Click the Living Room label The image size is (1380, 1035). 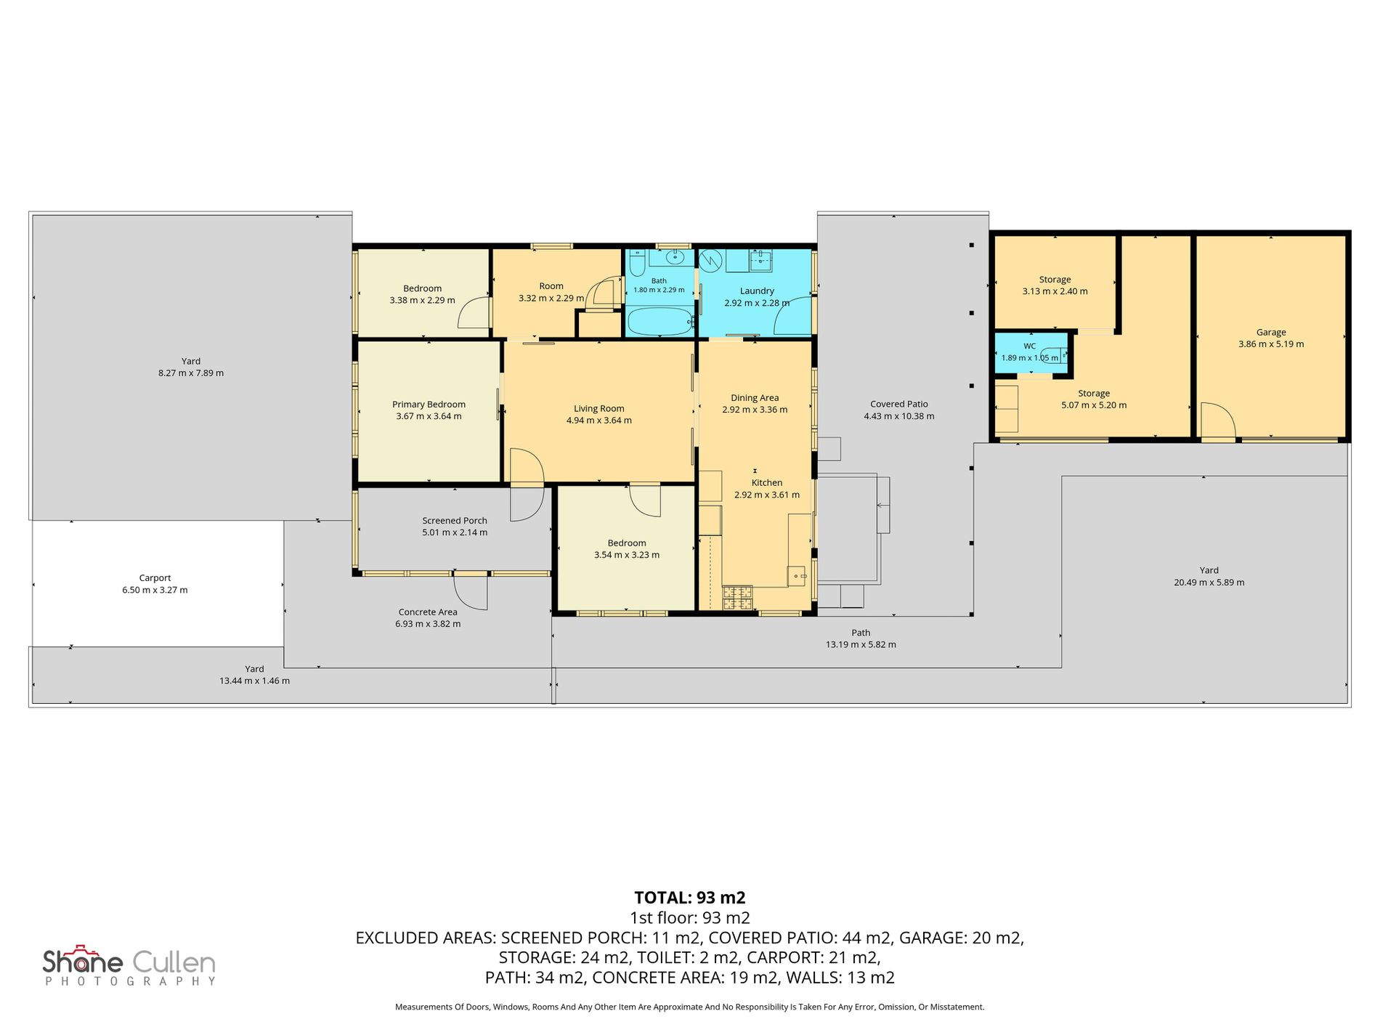[x=598, y=409]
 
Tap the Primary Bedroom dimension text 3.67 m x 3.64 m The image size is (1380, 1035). [x=429, y=416]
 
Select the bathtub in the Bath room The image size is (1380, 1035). [x=659, y=321]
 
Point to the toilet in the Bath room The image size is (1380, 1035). [x=637, y=263]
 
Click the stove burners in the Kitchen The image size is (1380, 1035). [x=737, y=598]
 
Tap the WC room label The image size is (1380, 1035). [x=1030, y=346]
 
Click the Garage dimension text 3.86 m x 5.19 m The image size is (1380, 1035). [x=1271, y=344]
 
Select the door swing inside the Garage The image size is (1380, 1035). [x=1217, y=422]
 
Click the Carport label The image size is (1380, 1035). [x=155, y=578]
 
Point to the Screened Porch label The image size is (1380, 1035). [x=455, y=521]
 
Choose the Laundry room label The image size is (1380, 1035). [x=757, y=291]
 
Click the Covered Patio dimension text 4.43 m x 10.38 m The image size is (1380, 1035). [x=899, y=416]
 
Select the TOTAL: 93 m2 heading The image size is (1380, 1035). [x=690, y=897]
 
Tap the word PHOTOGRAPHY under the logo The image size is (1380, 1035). [x=131, y=981]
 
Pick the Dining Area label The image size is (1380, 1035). [x=755, y=398]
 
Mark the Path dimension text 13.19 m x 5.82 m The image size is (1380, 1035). [x=861, y=645]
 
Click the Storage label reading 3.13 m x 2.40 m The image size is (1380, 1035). [x=1055, y=291]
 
